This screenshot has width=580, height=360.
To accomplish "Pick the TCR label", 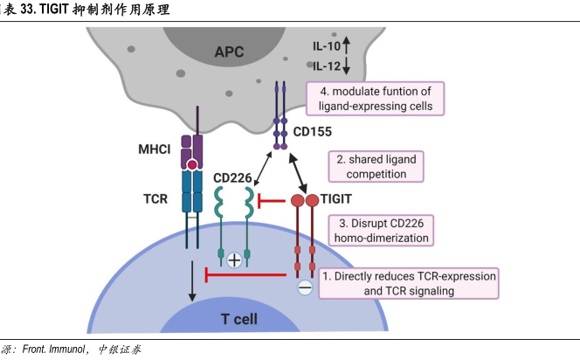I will [156, 198].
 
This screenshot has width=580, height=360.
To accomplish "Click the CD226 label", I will [233, 178].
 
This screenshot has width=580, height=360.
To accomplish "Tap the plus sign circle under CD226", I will [234, 260].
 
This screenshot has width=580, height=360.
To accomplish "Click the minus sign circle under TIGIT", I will [303, 287].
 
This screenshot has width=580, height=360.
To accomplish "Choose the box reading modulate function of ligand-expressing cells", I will [376, 98].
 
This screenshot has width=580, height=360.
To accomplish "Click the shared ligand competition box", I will [376, 166].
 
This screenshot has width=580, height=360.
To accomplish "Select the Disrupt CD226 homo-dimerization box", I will [382, 229].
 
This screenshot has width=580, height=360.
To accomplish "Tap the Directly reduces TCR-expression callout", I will [410, 283].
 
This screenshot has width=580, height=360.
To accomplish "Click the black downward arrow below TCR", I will [191, 284].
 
